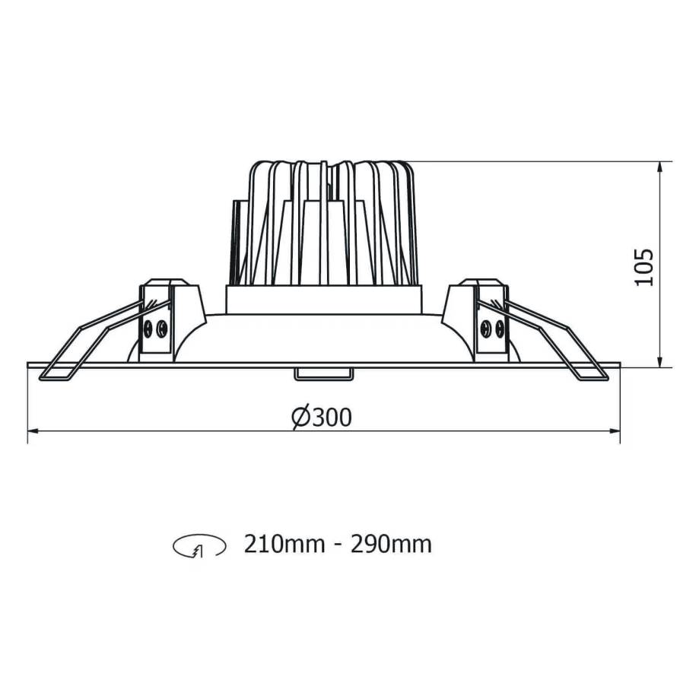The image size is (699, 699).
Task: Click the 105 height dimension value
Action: pyautogui.click(x=644, y=266)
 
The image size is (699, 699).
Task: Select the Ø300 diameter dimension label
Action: pyautogui.click(x=322, y=417)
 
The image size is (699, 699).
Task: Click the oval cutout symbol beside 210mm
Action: pyautogui.click(x=200, y=545)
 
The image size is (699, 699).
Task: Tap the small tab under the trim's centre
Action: pyautogui.click(x=322, y=372)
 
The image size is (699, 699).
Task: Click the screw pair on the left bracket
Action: pyautogui.click(x=154, y=329)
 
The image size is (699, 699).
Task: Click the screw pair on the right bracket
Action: pyautogui.click(x=492, y=329)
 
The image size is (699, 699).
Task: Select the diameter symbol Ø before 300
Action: pyautogui.click(x=299, y=417)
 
